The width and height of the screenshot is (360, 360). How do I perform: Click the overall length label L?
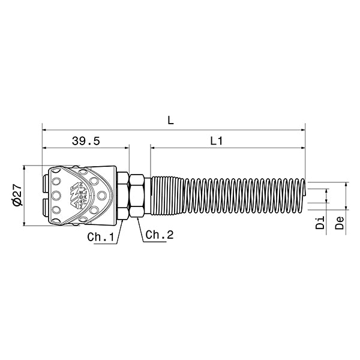171,120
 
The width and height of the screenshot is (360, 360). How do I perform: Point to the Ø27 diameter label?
17,195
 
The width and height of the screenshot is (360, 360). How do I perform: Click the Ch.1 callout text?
100,237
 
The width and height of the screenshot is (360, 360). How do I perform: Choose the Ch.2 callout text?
159,236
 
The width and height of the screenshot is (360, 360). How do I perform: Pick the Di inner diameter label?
320,224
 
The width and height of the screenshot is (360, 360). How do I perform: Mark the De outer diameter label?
340,224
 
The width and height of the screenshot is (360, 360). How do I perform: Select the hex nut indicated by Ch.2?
137,196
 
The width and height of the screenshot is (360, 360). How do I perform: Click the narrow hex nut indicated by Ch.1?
122,196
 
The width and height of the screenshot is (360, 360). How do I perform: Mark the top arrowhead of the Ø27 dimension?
25,168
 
